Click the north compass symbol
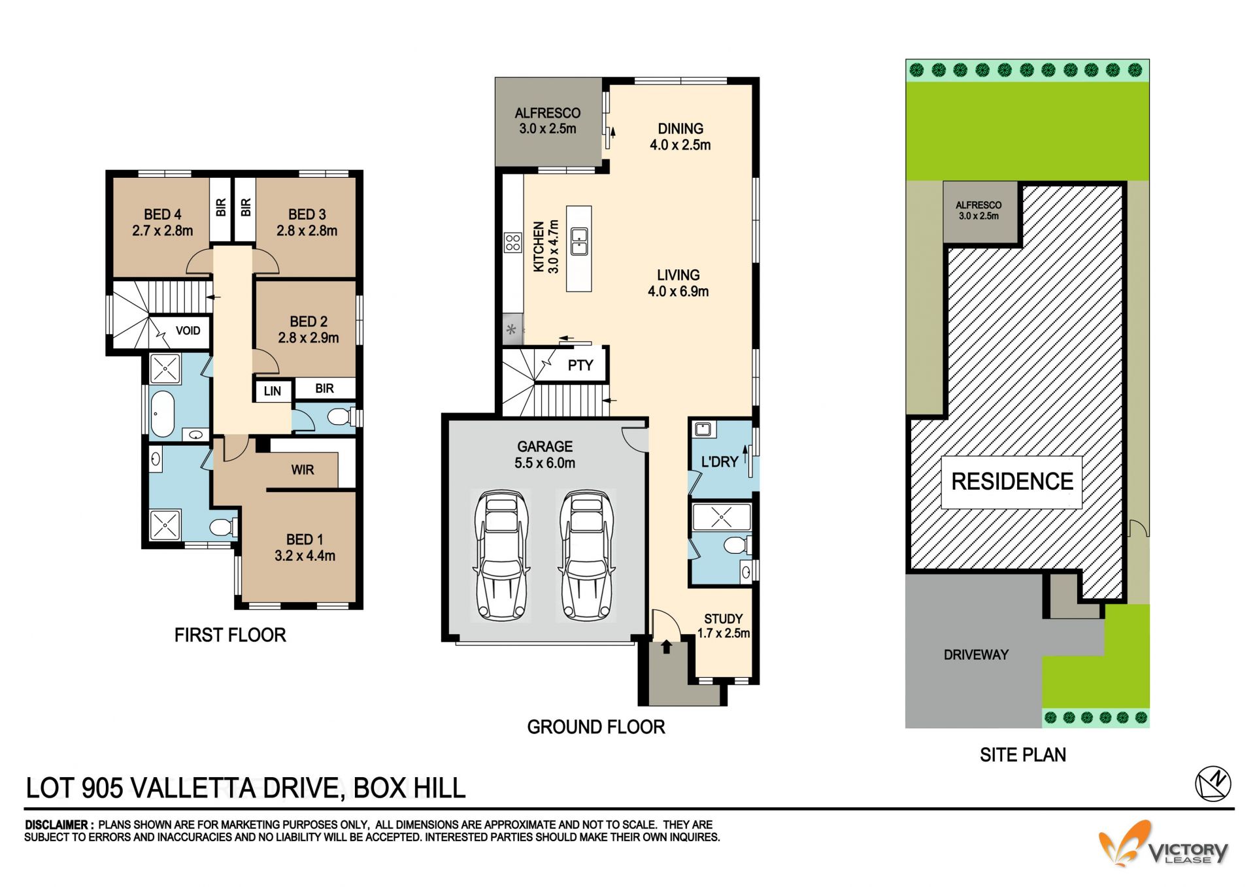click(1213, 783)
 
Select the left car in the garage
click(501, 555)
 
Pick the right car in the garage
click(587, 555)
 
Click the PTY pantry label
click(580, 365)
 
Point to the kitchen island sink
click(579, 241)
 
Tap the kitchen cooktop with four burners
click(513, 243)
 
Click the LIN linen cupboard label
click(273, 391)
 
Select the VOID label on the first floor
click(188, 331)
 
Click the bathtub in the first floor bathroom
click(161, 414)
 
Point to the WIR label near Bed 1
click(303, 470)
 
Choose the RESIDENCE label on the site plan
click(1012, 482)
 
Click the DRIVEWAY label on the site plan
click(976, 655)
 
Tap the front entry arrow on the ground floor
click(666, 646)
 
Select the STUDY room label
click(724, 619)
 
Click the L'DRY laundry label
click(719, 462)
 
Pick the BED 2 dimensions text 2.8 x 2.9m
click(309, 338)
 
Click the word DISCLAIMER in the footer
click(56, 825)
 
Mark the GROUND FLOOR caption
click(596, 727)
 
